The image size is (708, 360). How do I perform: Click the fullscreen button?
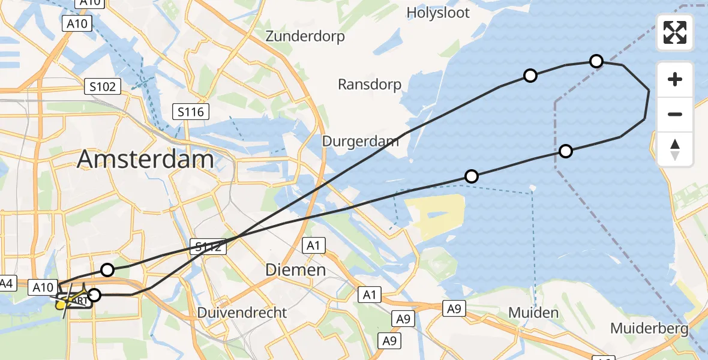[675, 32]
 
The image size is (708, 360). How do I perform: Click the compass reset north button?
[675, 149]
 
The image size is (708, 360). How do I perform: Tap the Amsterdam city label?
[145, 160]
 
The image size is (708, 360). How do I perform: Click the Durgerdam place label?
[361, 142]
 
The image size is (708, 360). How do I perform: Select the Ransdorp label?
[370, 85]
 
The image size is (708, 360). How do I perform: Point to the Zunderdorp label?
[305, 37]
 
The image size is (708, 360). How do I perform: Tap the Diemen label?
[296, 271]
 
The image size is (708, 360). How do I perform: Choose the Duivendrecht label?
[242, 313]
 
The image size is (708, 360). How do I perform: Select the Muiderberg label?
[649, 329]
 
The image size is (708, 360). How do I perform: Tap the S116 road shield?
[191, 112]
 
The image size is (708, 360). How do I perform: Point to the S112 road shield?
[209, 246]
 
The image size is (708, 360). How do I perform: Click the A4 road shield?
[7, 283]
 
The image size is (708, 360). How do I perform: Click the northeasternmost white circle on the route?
[596, 61]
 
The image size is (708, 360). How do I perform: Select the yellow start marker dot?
[61, 305]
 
